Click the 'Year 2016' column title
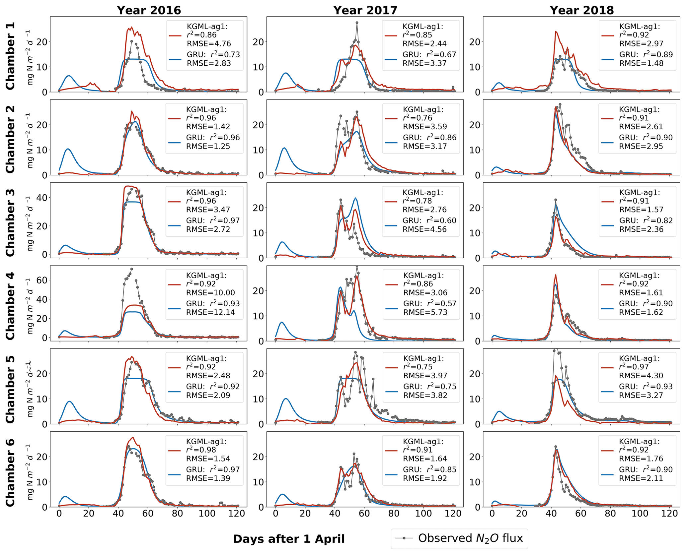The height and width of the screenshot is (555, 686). [149, 10]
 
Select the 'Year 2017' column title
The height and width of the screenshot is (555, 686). [365, 10]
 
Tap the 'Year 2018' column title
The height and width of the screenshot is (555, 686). [582, 10]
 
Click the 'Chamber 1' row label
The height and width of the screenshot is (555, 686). [10, 56]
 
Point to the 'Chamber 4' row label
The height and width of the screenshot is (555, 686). [10, 306]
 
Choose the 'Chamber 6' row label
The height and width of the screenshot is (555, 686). [10, 472]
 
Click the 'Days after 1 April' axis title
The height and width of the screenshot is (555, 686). [289, 539]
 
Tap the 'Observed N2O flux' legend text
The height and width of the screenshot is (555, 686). [471, 538]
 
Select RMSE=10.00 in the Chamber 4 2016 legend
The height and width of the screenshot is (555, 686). [210, 293]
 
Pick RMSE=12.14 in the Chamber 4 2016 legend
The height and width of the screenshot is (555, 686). [210, 312]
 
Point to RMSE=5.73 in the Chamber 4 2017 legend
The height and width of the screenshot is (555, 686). [425, 312]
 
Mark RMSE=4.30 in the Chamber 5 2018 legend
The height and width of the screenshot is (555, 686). [641, 376]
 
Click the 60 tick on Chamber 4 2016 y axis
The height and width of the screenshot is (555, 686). [42, 280]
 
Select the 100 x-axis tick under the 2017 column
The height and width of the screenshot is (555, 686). [423, 514]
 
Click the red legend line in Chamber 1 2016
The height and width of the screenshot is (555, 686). [175, 35]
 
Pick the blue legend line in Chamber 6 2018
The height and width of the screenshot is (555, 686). [608, 474]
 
